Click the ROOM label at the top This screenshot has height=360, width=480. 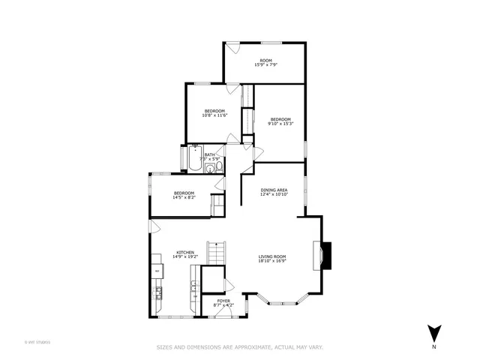tap(265, 60)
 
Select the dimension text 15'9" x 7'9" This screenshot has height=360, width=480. tap(265, 65)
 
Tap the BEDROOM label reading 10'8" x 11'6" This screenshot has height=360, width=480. tap(214, 111)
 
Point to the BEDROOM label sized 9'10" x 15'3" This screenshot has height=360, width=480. tap(280, 119)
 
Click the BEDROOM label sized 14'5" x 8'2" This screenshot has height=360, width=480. tap(184, 193)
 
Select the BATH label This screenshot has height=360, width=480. tap(209, 154)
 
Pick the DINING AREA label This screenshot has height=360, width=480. tap(274, 190)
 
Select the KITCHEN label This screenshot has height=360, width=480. tap(185, 252)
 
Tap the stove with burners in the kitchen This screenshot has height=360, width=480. tap(158, 292)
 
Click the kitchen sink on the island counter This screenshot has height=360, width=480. tap(193, 287)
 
